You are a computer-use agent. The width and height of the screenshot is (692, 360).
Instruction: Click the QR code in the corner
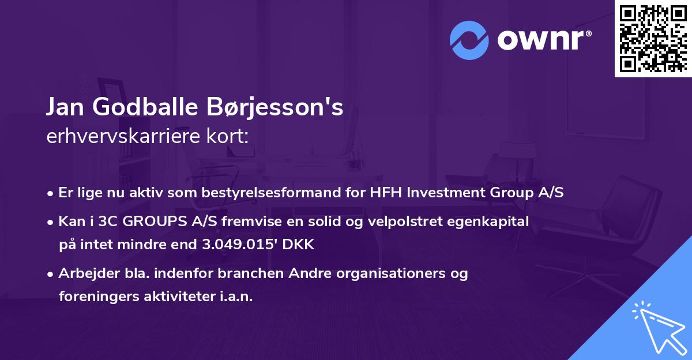pyautogui.click(x=653, y=39)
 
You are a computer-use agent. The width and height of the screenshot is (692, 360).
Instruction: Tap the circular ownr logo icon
pyautogui.click(x=469, y=40)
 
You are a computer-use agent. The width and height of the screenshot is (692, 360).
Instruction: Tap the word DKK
pyautogui.click(x=299, y=244)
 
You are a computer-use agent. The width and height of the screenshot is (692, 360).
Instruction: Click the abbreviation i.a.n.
pyautogui.click(x=235, y=297)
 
